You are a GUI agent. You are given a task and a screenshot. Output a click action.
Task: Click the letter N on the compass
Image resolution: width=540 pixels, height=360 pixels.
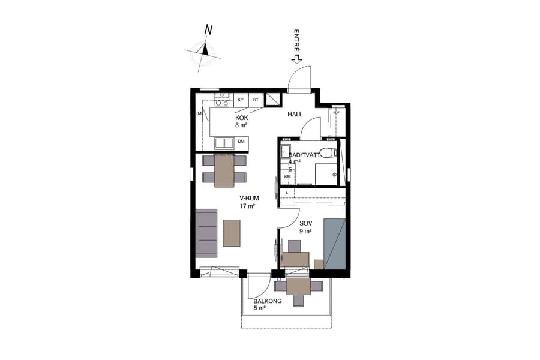(x=209, y=29)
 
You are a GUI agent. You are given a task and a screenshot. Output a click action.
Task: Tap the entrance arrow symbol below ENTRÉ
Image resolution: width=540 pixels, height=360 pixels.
(x=296, y=58)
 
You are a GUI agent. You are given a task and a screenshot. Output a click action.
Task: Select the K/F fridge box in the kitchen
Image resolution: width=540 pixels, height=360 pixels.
(x=241, y=100)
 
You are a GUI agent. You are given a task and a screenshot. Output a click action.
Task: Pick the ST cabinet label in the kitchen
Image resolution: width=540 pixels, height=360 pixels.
(x=256, y=100)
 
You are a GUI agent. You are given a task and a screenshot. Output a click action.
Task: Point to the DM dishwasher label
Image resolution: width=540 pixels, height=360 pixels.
(x=241, y=142)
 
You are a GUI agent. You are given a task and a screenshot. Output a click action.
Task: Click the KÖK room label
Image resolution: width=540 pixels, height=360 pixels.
(x=241, y=118)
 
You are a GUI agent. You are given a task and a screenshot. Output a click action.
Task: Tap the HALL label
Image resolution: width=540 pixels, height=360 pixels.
(x=295, y=113)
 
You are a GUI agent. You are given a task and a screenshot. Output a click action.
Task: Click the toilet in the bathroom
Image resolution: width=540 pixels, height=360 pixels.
(x=327, y=152)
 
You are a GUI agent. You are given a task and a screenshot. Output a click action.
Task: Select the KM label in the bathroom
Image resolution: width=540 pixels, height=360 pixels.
(x=287, y=176)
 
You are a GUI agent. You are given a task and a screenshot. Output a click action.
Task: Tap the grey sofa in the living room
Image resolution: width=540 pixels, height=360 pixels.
(x=206, y=233)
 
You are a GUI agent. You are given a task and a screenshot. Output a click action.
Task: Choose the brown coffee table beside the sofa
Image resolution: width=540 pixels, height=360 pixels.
(x=232, y=233)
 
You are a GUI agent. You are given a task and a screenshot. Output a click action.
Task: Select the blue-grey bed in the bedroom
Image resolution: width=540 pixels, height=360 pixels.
(x=334, y=244)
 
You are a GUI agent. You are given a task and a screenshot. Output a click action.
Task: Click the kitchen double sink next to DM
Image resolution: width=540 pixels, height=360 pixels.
(x=225, y=143)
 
